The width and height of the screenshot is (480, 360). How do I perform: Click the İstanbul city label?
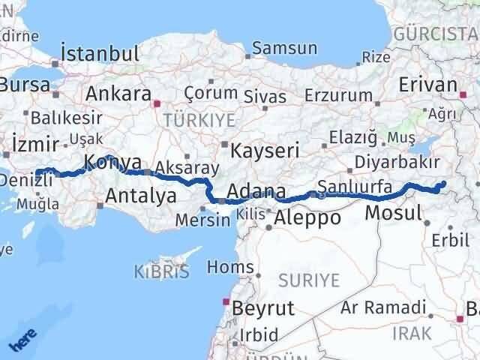point(100,54)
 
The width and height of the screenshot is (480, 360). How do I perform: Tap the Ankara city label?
point(118,94)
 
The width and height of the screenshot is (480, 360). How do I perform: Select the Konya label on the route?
point(112,161)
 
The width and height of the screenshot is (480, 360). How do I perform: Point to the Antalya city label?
point(142,196)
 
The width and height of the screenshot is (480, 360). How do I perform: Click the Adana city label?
point(256,191)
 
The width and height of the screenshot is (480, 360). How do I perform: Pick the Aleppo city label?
point(307,217)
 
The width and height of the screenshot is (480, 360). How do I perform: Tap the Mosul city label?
point(392,213)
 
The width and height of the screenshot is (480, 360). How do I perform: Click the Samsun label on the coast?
point(285,48)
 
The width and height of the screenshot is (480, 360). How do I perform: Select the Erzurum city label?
point(338,95)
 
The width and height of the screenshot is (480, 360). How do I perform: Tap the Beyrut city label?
point(262,308)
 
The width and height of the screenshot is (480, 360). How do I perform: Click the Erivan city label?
point(429,85)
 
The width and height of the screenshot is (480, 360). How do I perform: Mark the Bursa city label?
point(24,83)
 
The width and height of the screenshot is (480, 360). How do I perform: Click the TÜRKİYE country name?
point(199,121)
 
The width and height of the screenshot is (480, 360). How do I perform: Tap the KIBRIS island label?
point(162,271)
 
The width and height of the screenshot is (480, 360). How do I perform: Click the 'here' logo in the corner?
point(22,341)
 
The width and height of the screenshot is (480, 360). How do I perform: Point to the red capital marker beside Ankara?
point(157,104)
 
